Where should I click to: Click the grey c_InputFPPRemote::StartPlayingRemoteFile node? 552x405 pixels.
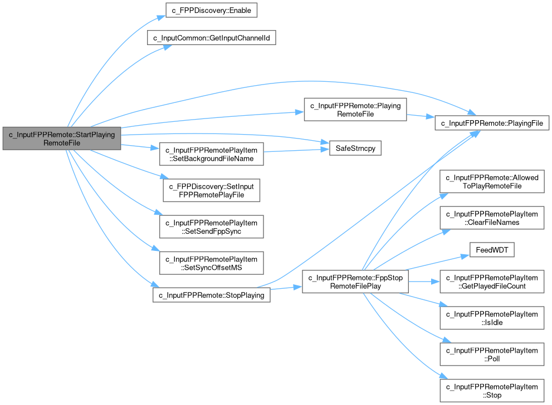coord(61,138)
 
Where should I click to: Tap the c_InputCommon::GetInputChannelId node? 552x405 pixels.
coord(211,38)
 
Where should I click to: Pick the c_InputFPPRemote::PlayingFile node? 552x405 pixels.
coord(492,122)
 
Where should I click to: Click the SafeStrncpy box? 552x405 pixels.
coord(350,149)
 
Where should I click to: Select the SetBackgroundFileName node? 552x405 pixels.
coord(211,154)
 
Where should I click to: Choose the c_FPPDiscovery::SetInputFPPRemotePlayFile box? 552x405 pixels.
coord(211,190)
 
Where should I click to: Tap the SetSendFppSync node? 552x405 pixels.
coord(211,226)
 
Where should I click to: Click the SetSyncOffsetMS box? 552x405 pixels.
coord(211,263)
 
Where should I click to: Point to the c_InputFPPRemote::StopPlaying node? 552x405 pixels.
coord(211,294)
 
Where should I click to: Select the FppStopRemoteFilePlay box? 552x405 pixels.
coord(355,282)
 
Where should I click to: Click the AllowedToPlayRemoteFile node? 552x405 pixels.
coord(492,181)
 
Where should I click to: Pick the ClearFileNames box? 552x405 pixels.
coord(492,218)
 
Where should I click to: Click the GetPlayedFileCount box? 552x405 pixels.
coord(492,281)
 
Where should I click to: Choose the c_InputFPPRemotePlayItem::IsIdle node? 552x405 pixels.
coord(492,318)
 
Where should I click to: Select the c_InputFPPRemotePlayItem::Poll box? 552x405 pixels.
coord(492,354)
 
